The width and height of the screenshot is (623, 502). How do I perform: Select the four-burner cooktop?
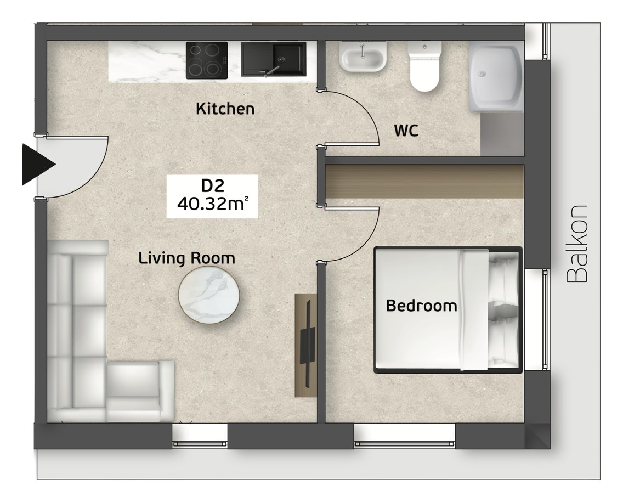(207, 60)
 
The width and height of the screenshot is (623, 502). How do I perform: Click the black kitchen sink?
(273, 59)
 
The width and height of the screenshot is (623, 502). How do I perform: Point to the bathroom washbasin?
(363, 57)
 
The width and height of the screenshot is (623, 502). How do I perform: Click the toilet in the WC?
(424, 66)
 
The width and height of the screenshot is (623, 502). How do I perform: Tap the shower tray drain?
(482, 74)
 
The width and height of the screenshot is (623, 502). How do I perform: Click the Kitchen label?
(225, 109)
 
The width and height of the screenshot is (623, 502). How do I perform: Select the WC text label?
(406, 131)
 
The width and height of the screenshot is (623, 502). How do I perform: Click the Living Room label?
(187, 258)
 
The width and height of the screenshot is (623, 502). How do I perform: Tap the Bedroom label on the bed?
(422, 306)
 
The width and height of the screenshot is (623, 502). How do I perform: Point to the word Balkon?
(576, 244)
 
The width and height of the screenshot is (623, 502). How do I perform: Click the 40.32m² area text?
(213, 204)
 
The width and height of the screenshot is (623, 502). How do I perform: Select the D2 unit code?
(213, 185)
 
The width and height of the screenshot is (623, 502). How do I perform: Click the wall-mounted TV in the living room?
(308, 342)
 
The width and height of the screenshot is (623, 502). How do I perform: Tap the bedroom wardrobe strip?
(424, 181)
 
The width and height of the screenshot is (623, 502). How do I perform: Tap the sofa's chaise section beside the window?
(140, 392)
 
